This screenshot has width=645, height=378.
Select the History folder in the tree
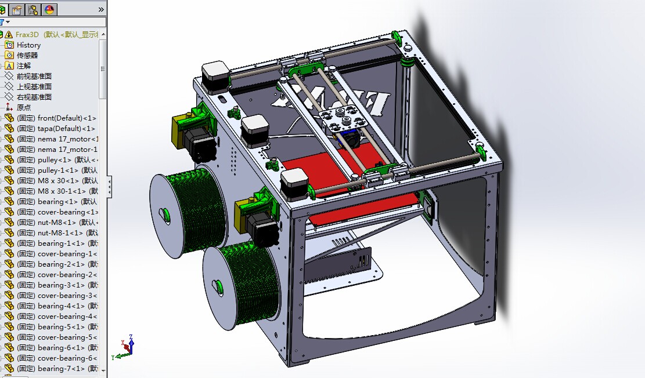(x=28, y=45)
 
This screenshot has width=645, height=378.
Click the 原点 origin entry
(x=24, y=107)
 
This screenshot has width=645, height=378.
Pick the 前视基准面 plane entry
(x=34, y=76)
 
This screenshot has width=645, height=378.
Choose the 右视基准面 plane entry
(x=34, y=97)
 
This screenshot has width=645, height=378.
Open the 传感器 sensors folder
(x=27, y=55)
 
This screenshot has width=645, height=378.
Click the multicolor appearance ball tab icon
(x=49, y=9)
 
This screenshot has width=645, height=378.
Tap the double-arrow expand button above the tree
(x=101, y=9)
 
